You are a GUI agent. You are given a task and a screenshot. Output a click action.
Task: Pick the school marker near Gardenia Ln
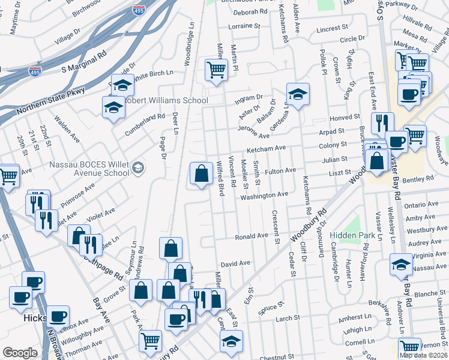[x=297, y=94]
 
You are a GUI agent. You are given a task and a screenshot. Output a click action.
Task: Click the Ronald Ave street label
[x=251, y=236]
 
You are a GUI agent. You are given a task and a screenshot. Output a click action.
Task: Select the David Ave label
[x=235, y=263]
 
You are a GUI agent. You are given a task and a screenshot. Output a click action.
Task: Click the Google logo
[x=20, y=352]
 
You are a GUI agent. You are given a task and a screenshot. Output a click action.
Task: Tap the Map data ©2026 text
[x=423, y=355]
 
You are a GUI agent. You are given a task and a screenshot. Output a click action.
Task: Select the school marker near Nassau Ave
[x=401, y=265]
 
